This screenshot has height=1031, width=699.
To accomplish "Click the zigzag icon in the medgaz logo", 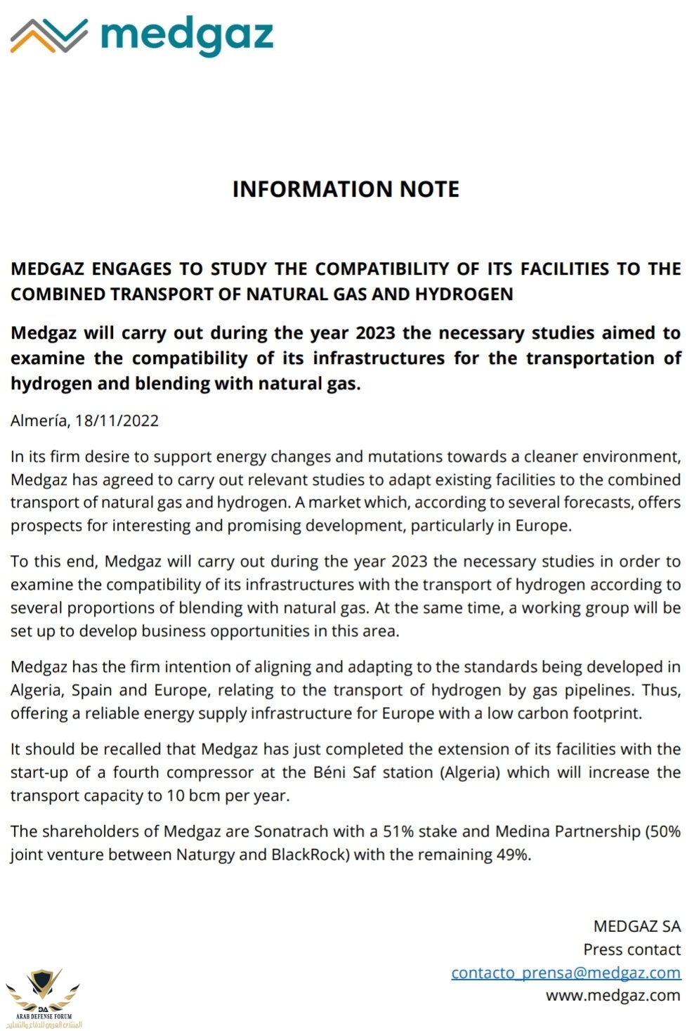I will (48, 35).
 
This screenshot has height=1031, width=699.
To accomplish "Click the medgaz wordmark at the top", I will (187, 35).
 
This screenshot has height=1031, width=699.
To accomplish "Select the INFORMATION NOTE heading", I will (346, 189).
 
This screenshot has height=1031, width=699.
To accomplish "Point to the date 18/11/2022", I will (117, 421).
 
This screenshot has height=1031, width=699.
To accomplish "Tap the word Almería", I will (39, 421).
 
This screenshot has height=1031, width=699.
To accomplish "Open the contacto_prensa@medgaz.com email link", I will (566, 973).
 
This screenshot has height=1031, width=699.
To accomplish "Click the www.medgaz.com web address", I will (613, 995).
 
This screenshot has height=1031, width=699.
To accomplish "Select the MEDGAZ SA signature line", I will (636, 926).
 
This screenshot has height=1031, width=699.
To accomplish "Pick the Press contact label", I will (632, 949).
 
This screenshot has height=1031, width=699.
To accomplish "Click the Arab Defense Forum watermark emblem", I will (44, 994).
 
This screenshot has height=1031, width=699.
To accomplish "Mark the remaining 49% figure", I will (513, 855).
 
